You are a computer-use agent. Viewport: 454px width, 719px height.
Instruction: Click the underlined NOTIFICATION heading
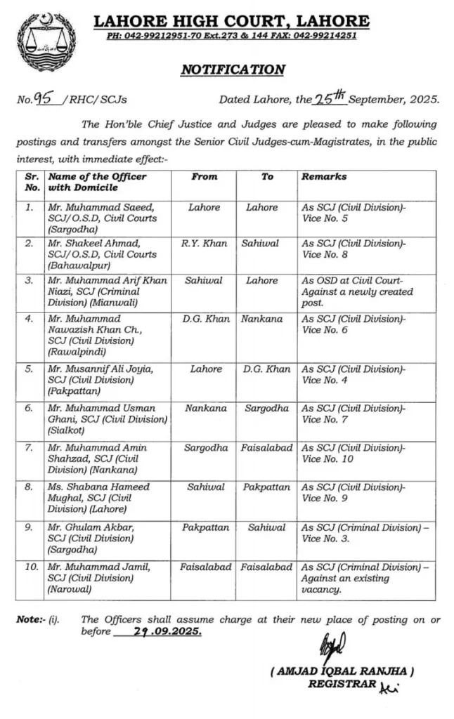click(233, 70)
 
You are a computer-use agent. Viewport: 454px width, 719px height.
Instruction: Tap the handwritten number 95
click(50, 99)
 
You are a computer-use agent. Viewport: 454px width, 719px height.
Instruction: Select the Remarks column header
click(324, 177)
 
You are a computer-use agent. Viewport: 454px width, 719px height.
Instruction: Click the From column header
click(204, 177)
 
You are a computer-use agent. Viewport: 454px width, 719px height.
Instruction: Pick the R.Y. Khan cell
click(204, 244)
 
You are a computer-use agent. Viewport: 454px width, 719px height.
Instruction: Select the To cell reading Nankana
click(267, 319)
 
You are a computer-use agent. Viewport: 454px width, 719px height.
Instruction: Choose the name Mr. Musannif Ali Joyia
click(99, 369)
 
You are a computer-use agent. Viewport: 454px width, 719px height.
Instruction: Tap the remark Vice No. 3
click(329, 538)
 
